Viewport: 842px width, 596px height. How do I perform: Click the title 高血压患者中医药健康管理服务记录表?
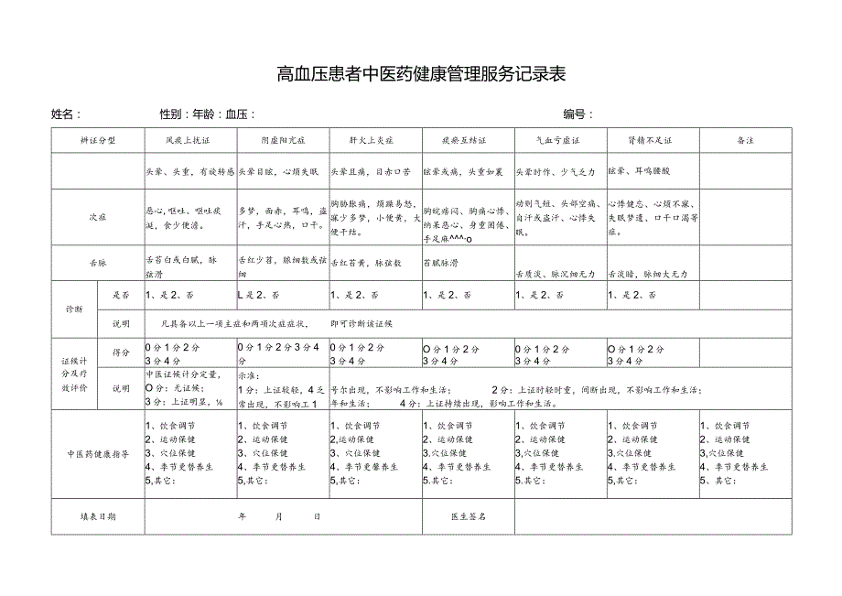[420, 73]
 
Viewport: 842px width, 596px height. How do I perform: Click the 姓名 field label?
[66, 114]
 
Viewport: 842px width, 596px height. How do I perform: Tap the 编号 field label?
[578, 114]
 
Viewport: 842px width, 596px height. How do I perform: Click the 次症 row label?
[98, 218]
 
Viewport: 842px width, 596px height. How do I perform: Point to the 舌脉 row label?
[98, 262]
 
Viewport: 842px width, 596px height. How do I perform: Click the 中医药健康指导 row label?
[98, 453]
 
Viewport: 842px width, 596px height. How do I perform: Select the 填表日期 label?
[98, 516]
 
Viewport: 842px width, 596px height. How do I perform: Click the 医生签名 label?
[468, 516]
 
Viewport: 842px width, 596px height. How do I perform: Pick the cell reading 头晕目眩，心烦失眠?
[277, 171]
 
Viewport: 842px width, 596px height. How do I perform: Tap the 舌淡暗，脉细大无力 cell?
[653, 274]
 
